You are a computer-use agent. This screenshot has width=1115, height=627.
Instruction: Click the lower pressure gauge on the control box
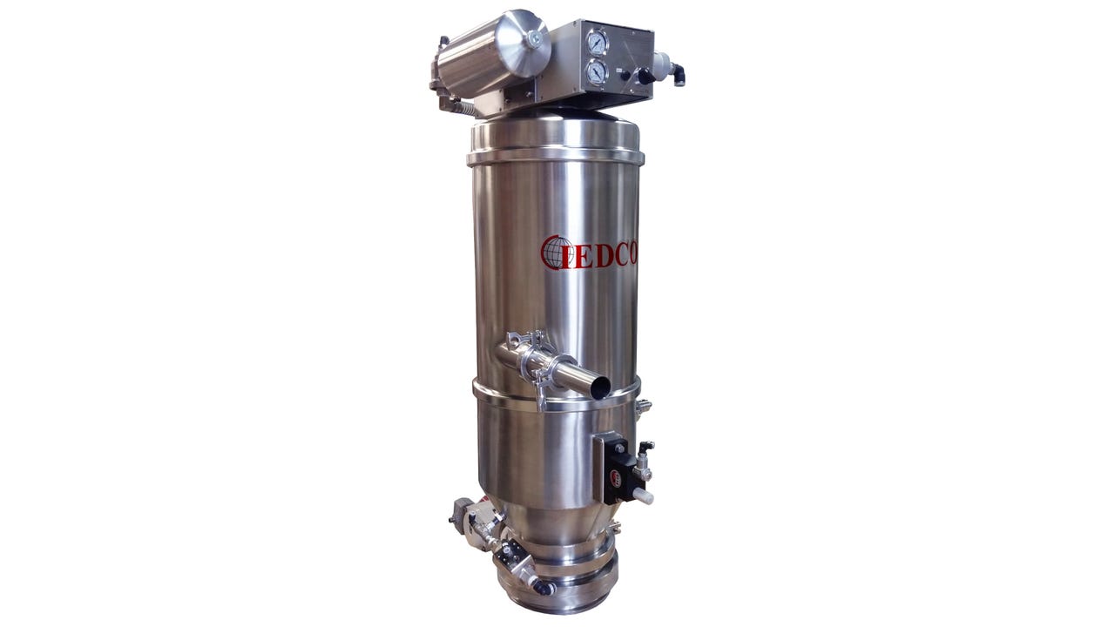point(596,72)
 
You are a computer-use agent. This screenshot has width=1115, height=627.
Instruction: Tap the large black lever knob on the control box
point(645,77)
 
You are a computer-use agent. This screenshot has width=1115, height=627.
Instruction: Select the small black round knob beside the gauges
point(625,76)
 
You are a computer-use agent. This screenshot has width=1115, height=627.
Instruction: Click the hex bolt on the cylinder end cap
point(535,38)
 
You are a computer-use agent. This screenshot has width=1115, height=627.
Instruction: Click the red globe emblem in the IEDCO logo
point(555,253)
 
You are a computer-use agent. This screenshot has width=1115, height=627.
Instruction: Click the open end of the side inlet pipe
point(599,385)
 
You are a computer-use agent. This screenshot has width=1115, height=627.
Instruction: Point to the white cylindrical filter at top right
point(661,63)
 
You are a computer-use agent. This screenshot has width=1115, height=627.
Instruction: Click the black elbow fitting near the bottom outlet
point(543,588)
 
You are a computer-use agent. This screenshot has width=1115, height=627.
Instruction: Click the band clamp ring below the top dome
point(556,158)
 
